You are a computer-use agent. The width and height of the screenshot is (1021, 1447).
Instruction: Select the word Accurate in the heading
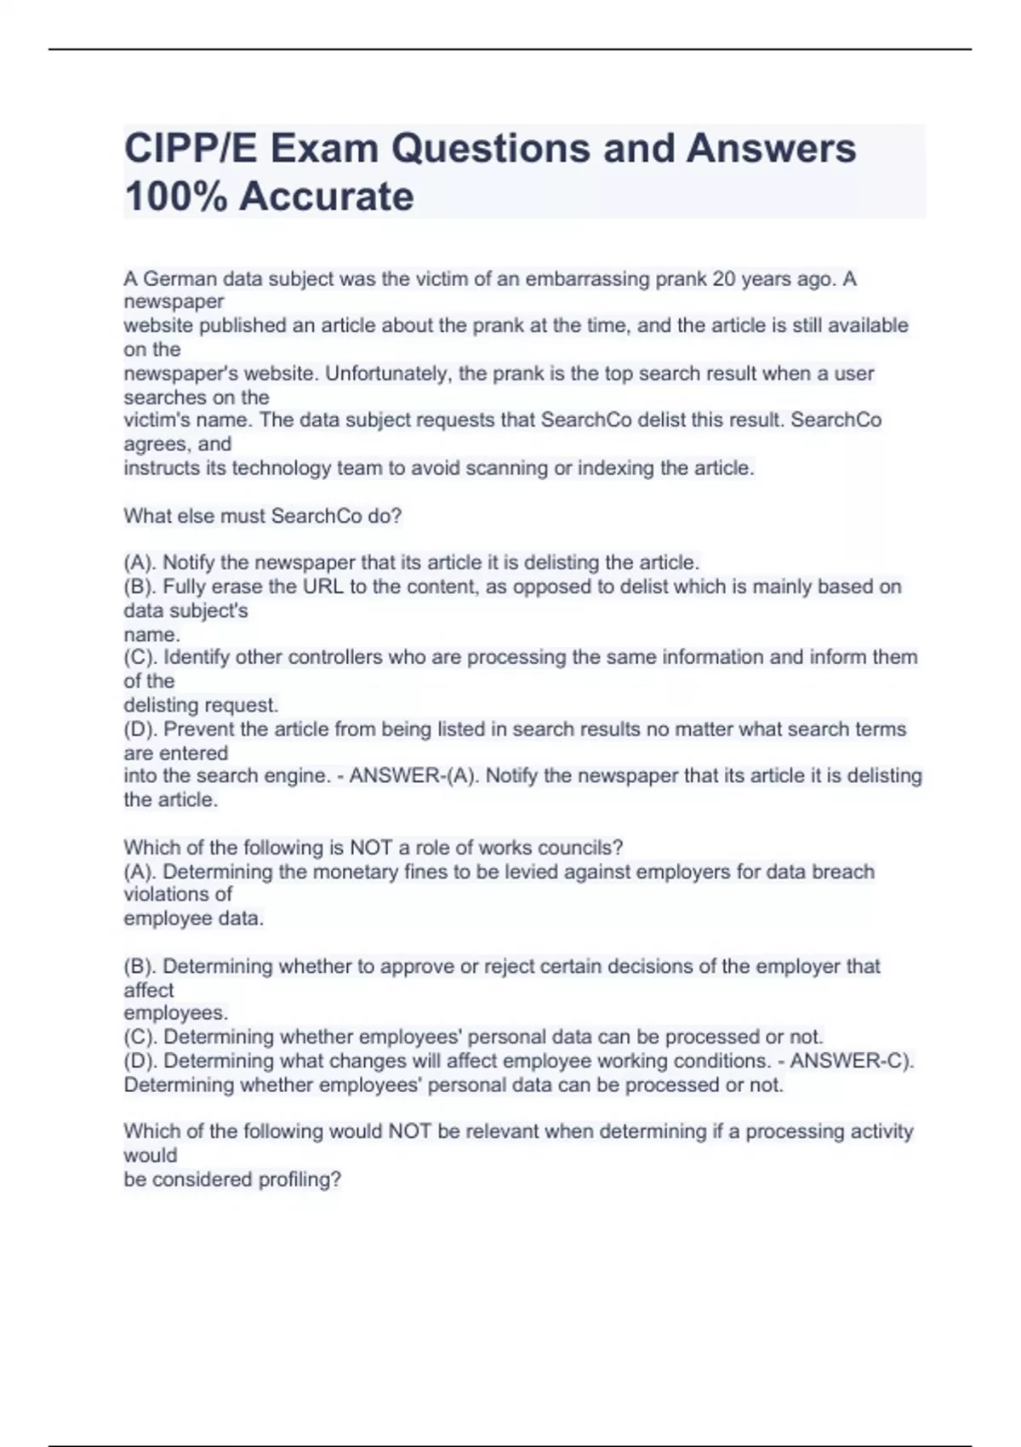(326, 197)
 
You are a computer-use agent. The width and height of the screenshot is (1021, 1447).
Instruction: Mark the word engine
(298, 776)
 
